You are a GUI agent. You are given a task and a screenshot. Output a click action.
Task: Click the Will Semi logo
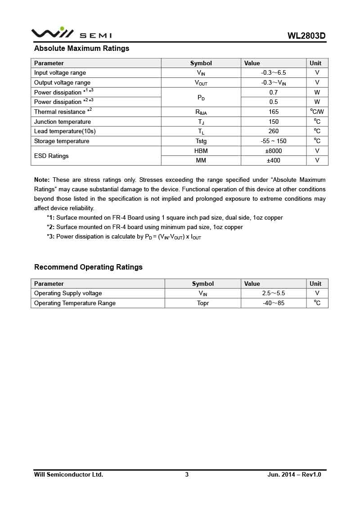click(x=72, y=33)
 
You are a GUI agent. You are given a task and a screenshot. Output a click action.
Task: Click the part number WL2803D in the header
click(x=306, y=36)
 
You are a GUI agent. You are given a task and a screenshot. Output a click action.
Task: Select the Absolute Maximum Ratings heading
click(x=81, y=49)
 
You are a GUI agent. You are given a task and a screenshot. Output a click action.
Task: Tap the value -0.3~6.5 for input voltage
click(x=274, y=73)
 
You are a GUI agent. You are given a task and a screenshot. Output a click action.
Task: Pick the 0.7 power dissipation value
click(x=274, y=92)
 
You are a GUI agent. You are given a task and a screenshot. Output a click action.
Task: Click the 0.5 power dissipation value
click(x=274, y=102)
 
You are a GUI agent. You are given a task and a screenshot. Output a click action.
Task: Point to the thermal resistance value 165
click(x=274, y=112)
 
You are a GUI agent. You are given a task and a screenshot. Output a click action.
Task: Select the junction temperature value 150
click(x=274, y=122)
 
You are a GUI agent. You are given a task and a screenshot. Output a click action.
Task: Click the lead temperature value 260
click(x=274, y=131)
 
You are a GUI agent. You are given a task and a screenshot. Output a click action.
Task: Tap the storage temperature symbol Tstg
click(x=201, y=141)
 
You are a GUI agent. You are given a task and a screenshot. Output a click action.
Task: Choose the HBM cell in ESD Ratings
click(x=201, y=151)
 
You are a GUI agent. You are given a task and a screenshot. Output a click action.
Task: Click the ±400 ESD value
click(x=274, y=161)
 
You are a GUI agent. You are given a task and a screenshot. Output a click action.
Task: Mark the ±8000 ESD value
click(x=274, y=151)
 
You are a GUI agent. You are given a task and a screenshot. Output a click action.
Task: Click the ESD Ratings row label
click(x=51, y=156)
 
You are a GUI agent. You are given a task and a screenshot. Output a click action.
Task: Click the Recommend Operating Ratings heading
click(x=88, y=267)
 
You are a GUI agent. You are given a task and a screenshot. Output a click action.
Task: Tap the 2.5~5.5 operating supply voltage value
click(x=274, y=293)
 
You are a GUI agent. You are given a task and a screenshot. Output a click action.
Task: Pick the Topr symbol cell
click(x=203, y=303)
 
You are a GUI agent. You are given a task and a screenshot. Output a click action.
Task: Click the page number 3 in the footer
click(x=187, y=474)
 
